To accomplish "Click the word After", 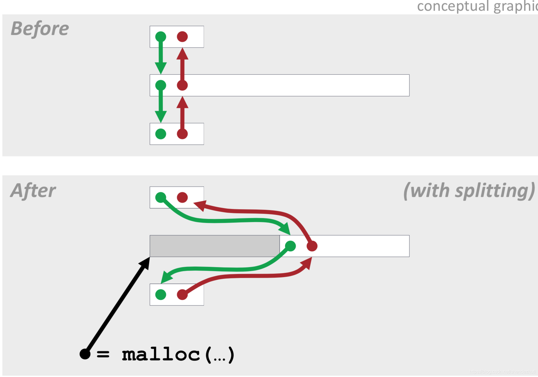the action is point(33,190).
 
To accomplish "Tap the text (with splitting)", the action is point(469,190).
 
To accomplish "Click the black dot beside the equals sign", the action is point(85,354).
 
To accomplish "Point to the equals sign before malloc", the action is point(103,354).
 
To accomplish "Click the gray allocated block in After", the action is point(214,246).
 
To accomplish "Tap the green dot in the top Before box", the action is point(160,37).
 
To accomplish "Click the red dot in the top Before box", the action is point(182,37).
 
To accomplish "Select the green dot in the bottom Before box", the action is point(160,134).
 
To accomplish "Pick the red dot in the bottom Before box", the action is point(182,134).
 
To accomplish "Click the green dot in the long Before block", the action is point(160,85).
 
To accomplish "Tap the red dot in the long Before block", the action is point(182,85).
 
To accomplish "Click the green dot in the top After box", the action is point(160,197).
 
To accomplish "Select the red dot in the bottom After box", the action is point(182,295).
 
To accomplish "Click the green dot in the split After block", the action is point(290,246).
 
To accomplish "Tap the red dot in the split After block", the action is point(312,246).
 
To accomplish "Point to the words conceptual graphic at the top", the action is point(477,6).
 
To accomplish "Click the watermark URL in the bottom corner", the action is point(502,372).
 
